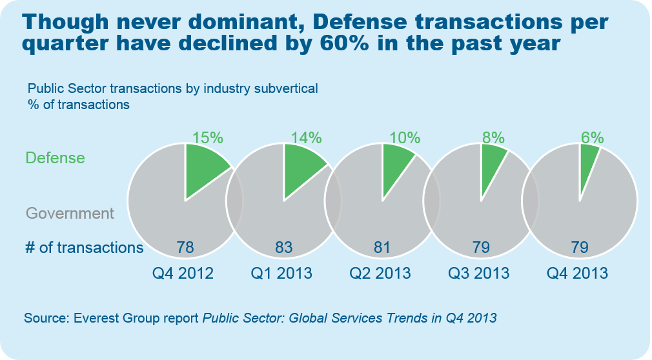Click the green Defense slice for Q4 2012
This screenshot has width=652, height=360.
click(x=203, y=168)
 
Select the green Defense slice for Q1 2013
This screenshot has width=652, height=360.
click(x=301, y=168)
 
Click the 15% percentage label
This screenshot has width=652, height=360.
click(x=207, y=137)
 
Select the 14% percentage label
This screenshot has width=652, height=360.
click(x=306, y=137)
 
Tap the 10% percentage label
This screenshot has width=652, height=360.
click(x=405, y=137)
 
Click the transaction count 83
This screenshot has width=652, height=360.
click(x=284, y=247)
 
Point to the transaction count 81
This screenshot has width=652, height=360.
click(x=383, y=247)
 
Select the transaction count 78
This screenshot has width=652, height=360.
click(x=185, y=247)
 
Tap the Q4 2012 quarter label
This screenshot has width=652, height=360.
click(x=183, y=273)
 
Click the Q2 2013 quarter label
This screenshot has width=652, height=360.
click(x=380, y=273)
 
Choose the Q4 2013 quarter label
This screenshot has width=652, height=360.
click(x=577, y=273)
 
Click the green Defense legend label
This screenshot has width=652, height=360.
click(x=55, y=157)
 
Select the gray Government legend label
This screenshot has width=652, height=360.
click(x=70, y=214)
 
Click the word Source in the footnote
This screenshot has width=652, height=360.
click(x=46, y=318)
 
